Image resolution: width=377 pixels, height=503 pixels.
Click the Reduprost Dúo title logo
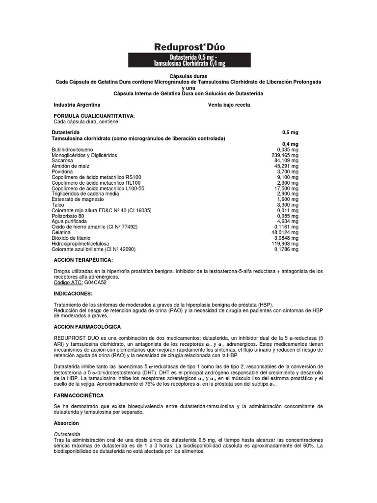point(190,47)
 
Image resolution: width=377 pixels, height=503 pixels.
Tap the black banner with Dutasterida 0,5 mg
point(190,60)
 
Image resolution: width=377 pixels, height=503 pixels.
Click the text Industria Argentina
point(77,105)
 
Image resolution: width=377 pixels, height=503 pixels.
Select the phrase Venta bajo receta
point(229,105)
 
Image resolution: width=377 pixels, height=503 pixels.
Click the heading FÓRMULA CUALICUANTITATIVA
point(93,116)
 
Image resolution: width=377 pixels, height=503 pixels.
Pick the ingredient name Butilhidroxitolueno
point(72,149)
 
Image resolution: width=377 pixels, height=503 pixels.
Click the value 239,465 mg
point(285,155)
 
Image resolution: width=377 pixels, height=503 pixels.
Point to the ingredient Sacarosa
point(62,161)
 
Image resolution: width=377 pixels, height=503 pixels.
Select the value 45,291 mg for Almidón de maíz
point(286,166)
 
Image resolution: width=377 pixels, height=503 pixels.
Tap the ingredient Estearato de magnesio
point(75,199)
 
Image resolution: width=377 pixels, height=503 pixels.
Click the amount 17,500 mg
point(286,188)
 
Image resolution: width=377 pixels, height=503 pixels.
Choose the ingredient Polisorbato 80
point(68,216)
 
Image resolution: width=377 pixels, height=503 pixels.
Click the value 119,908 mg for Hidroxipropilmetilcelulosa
point(285,244)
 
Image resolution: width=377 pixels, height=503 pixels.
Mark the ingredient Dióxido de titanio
point(72,238)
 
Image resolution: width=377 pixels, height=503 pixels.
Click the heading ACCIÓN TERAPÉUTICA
point(83,259)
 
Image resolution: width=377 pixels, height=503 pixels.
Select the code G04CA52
point(95,282)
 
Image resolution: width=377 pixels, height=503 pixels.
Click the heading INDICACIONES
point(73,293)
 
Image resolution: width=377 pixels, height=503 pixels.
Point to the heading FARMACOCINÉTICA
point(79,395)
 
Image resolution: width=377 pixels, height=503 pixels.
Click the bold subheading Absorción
point(66,423)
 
